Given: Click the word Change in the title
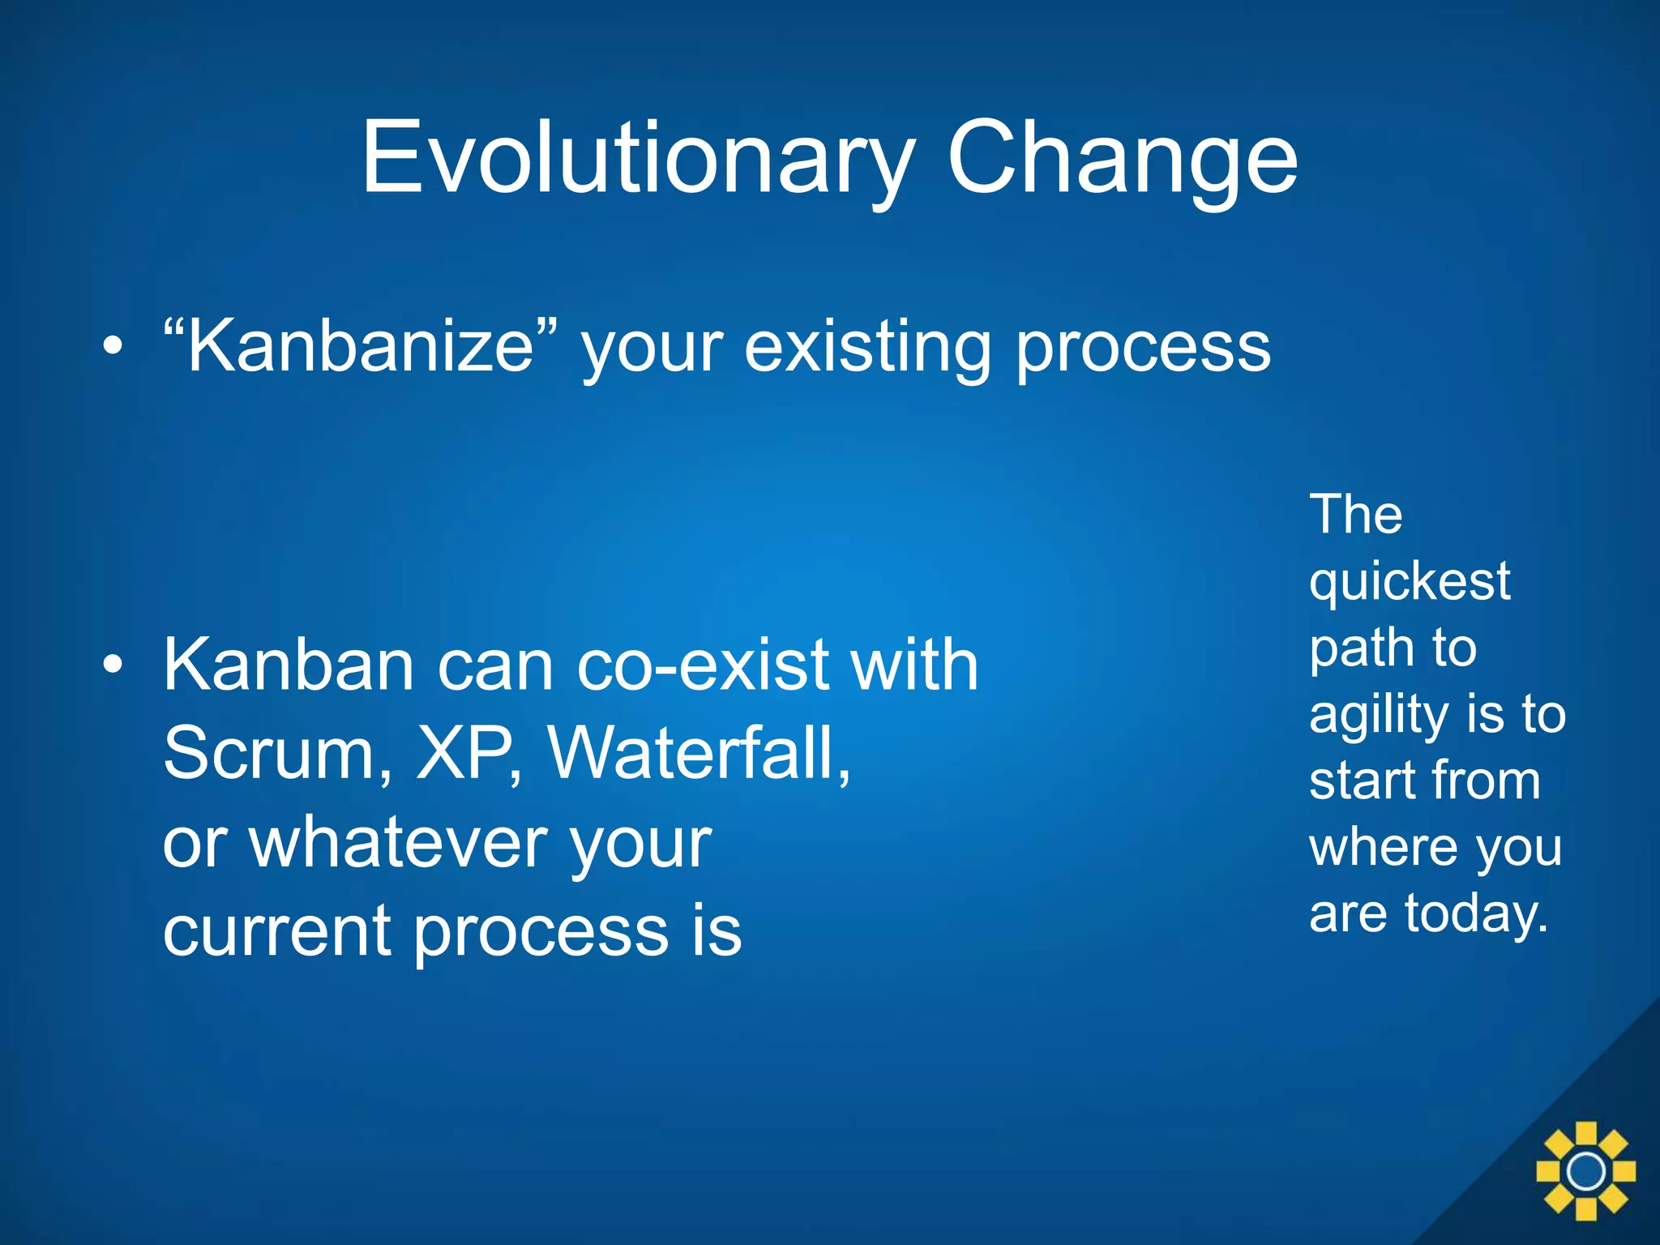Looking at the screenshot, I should click(x=1122, y=158).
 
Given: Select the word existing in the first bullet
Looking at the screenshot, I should click(x=867, y=347).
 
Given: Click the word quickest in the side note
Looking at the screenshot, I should click(x=1410, y=582).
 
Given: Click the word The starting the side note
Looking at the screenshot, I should click(x=1355, y=515).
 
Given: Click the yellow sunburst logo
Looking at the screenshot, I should click(x=1585, y=1170).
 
